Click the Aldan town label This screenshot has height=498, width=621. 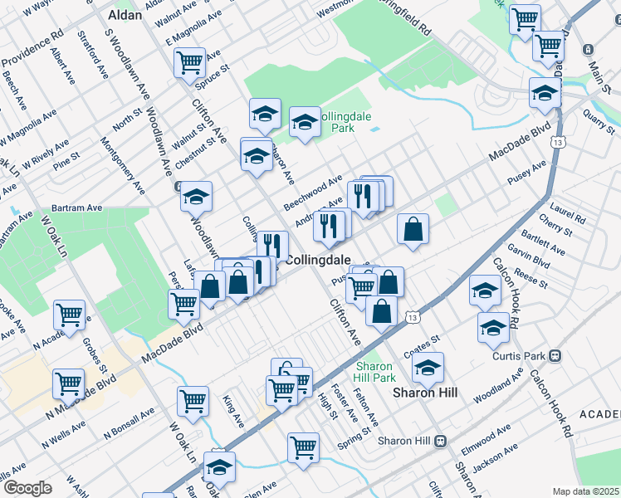(x=125, y=15)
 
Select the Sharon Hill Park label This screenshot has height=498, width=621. (x=375, y=371)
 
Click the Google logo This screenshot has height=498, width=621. (x=27, y=488)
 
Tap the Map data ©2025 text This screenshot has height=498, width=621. (x=586, y=491)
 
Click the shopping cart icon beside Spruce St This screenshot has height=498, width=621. (x=190, y=62)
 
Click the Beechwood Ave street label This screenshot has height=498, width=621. (x=313, y=193)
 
